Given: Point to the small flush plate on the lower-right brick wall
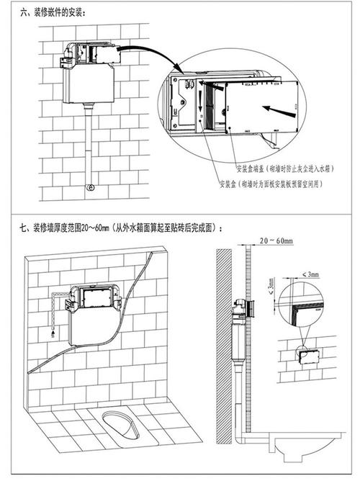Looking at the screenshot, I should (x=306, y=357).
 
